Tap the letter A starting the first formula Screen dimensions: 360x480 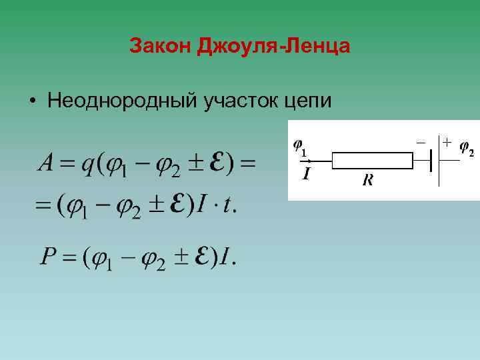point(46,162)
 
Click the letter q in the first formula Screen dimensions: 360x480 point(86,164)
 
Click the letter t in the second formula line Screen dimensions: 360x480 point(228,206)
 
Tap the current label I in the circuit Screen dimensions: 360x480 point(306,175)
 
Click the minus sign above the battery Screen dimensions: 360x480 point(421,141)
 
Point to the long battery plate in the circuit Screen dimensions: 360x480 point(439,160)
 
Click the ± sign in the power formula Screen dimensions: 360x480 point(179,258)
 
